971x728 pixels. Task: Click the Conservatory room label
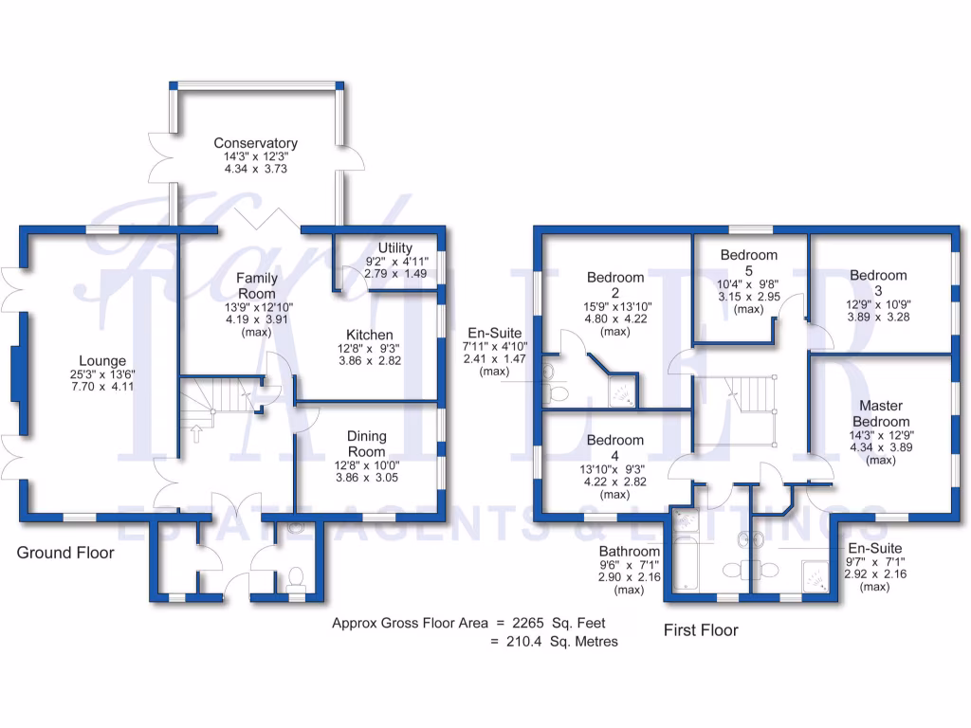coord(255,143)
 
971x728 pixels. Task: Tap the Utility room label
coord(394,248)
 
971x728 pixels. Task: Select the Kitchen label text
coord(369,335)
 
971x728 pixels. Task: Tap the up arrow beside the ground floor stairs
coord(197,434)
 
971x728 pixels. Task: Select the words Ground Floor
coord(65,553)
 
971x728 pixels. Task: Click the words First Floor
coord(700,630)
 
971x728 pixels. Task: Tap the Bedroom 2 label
coord(615,285)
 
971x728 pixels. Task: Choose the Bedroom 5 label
coord(748,263)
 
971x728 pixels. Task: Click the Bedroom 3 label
coord(878,282)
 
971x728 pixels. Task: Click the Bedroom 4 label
coord(614,447)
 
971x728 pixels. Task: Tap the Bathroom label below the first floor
coord(629,551)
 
